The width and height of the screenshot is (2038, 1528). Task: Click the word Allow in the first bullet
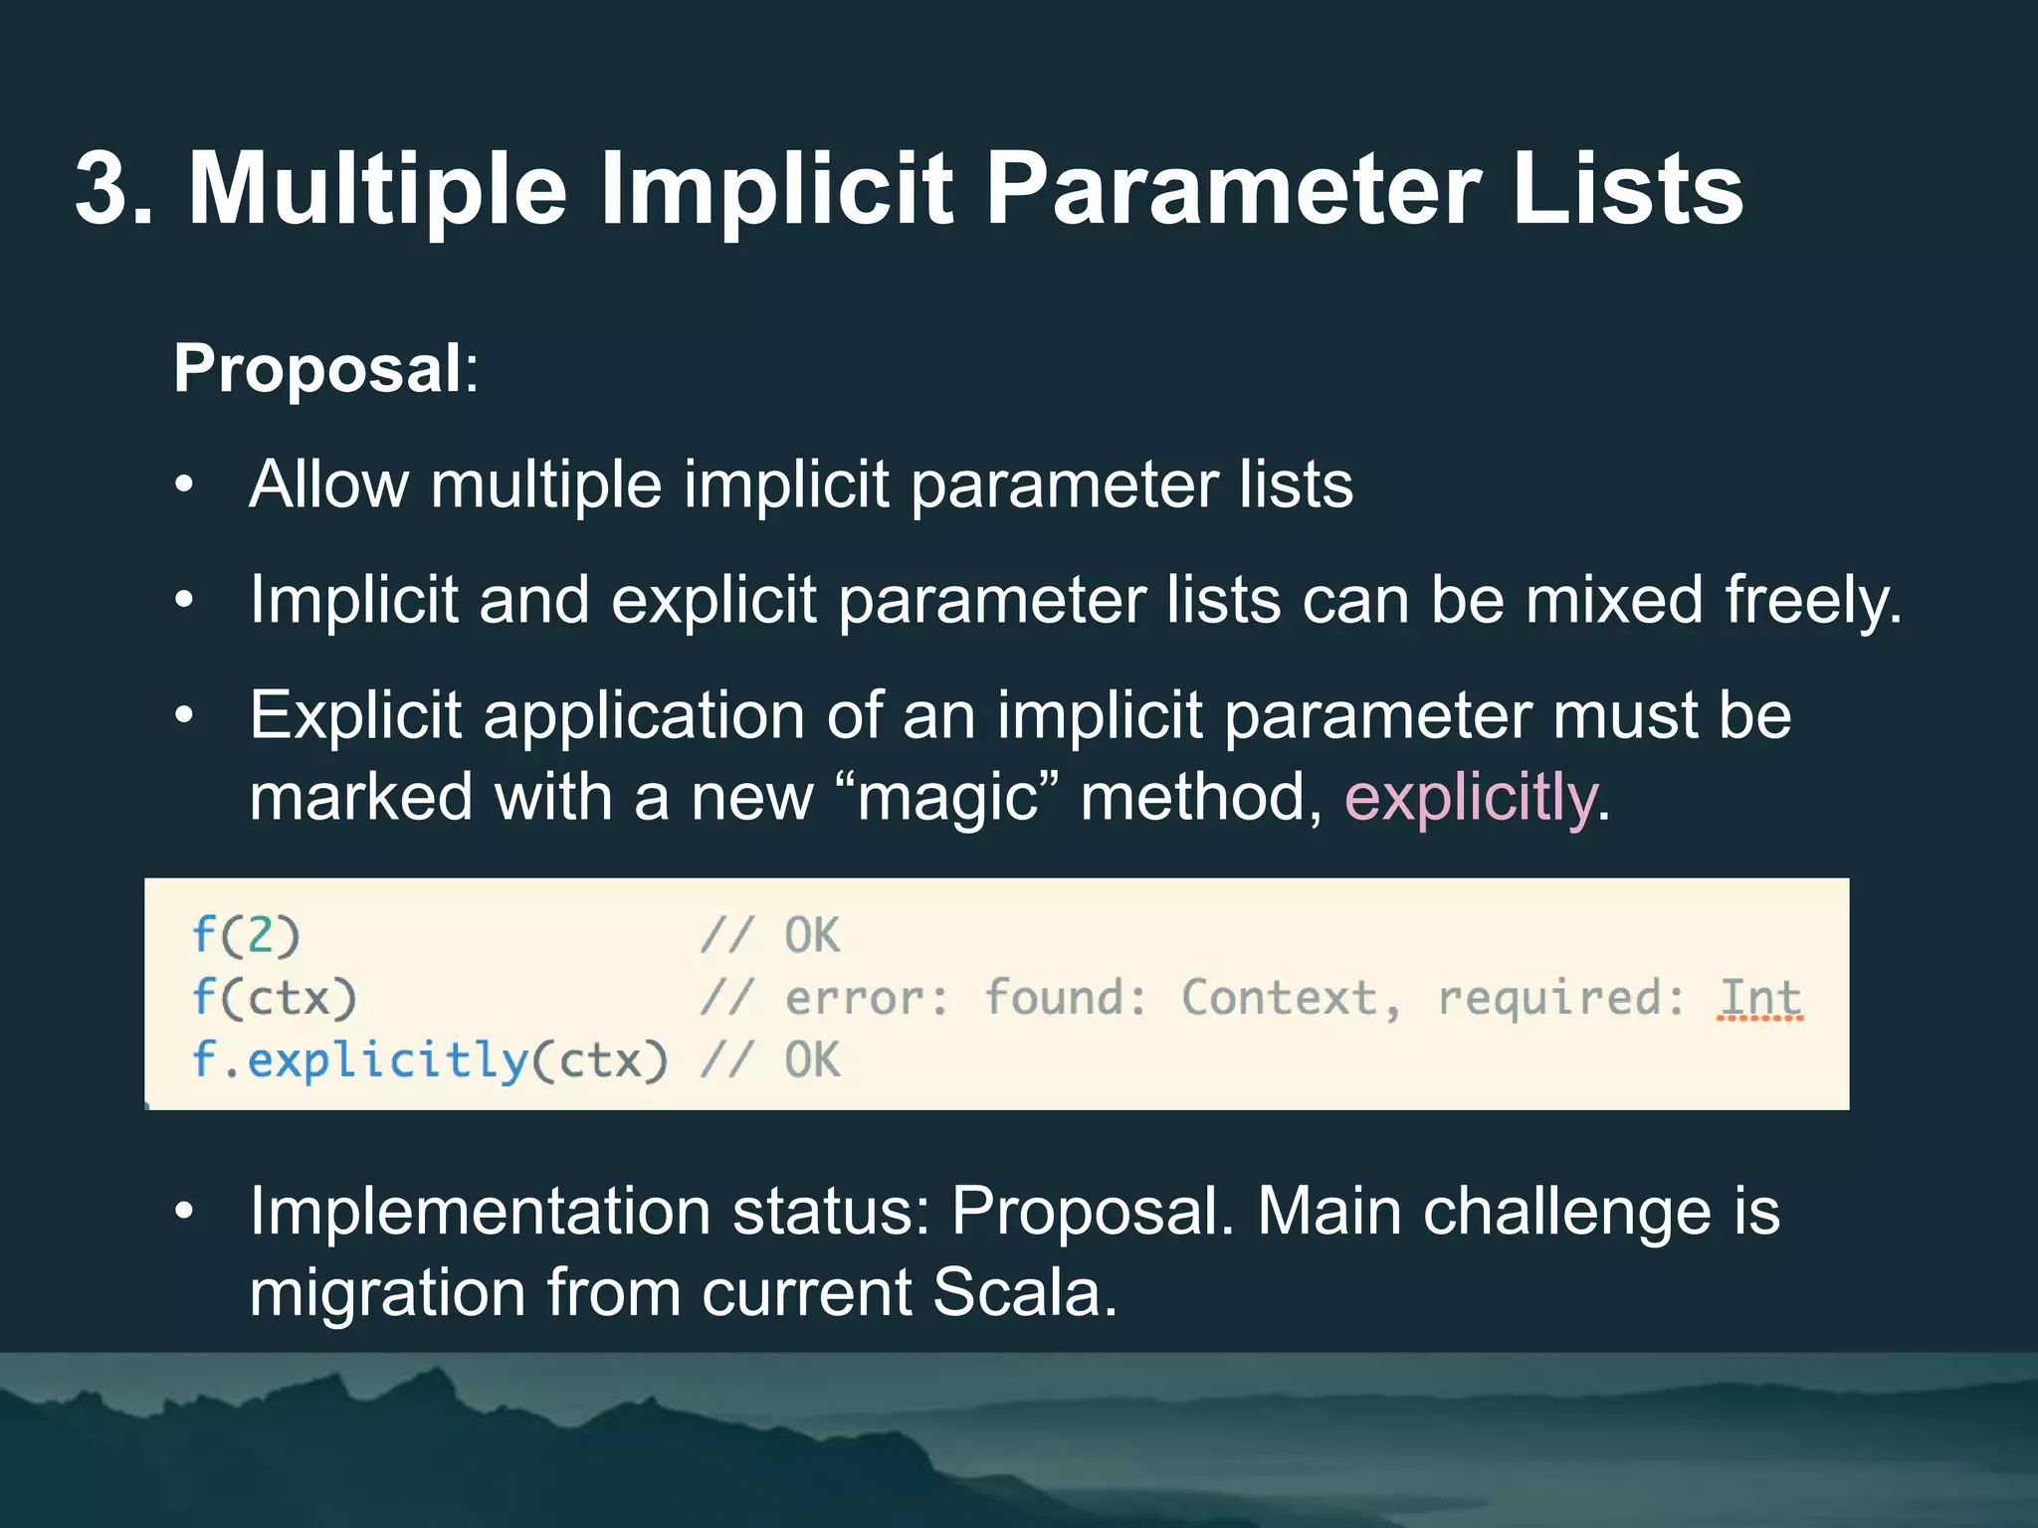tap(328, 484)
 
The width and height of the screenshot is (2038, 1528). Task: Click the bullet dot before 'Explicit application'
tap(184, 716)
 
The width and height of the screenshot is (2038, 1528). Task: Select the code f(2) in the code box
tap(246, 935)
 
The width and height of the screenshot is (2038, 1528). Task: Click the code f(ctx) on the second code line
tap(274, 998)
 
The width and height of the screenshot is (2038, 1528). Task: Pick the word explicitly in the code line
tap(388, 1060)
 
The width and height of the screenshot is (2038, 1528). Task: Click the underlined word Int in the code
tap(1759, 998)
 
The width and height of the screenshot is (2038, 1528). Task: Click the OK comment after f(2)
tap(812, 935)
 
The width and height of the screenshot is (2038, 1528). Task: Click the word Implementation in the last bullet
tap(479, 1212)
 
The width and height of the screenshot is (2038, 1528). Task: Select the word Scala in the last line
tap(1024, 1293)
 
